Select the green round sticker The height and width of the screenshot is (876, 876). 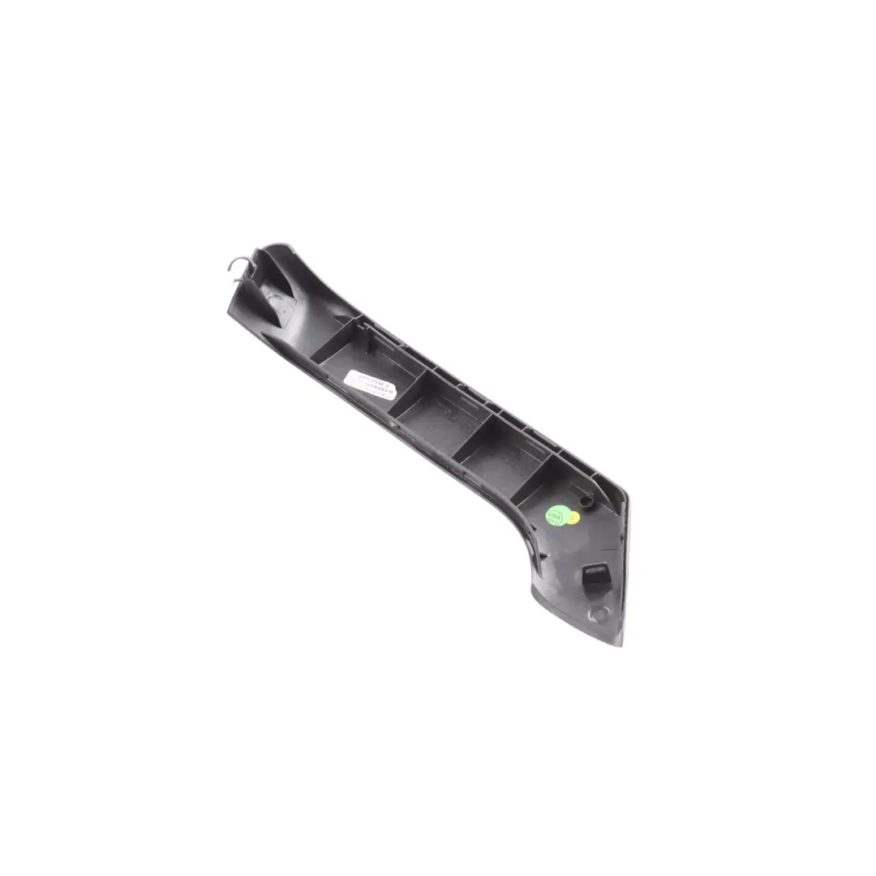click(557, 516)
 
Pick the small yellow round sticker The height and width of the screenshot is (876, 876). click(574, 517)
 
